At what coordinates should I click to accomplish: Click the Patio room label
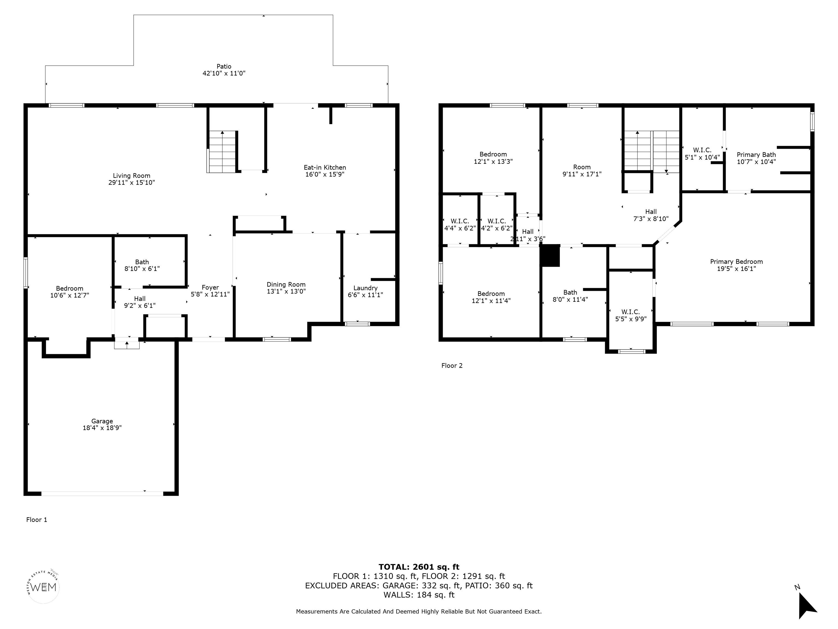(x=224, y=66)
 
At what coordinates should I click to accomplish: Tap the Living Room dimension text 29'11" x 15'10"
(x=131, y=182)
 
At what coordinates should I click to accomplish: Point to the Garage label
(x=102, y=421)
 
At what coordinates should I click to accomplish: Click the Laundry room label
(x=365, y=288)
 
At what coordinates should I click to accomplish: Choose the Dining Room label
(x=286, y=284)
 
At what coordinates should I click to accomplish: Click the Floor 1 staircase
(x=222, y=152)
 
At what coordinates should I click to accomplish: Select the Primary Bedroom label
(x=736, y=262)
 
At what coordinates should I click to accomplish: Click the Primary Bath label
(x=756, y=155)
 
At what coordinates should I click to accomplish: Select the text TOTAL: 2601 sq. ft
(x=419, y=567)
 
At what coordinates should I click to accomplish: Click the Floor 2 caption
(x=452, y=366)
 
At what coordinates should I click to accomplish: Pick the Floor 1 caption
(x=37, y=520)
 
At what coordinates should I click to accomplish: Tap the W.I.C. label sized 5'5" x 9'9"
(x=630, y=312)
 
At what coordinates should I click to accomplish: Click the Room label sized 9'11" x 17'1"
(x=582, y=167)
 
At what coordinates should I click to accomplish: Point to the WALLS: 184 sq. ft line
(x=419, y=595)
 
